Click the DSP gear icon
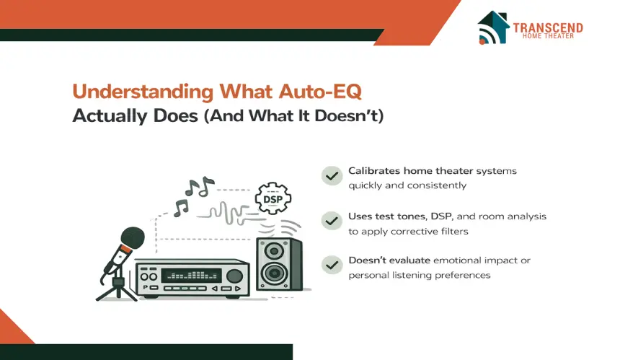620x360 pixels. coord(273,198)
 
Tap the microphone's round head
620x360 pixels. coord(133,239)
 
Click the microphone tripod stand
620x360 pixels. coord(116,287)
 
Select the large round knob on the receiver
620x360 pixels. coord(234,276)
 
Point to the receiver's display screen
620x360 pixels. coord(191,276)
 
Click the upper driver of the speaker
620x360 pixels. coord(274,250)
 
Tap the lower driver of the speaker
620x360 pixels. coord(274,273)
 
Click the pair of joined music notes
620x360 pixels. coord(200,187)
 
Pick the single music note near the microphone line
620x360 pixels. coord(181,208)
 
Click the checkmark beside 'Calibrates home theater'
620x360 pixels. coord(332,176)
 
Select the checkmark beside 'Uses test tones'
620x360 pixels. coord(332,221)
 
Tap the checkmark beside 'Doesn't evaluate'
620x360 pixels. coord(332,265)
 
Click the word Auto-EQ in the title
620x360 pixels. coord(320,92)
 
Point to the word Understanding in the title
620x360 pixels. coord(143,92)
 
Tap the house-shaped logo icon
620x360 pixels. coord(493,27)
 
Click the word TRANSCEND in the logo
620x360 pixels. coord(548,27)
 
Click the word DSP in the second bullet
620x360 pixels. coord(442,216)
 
